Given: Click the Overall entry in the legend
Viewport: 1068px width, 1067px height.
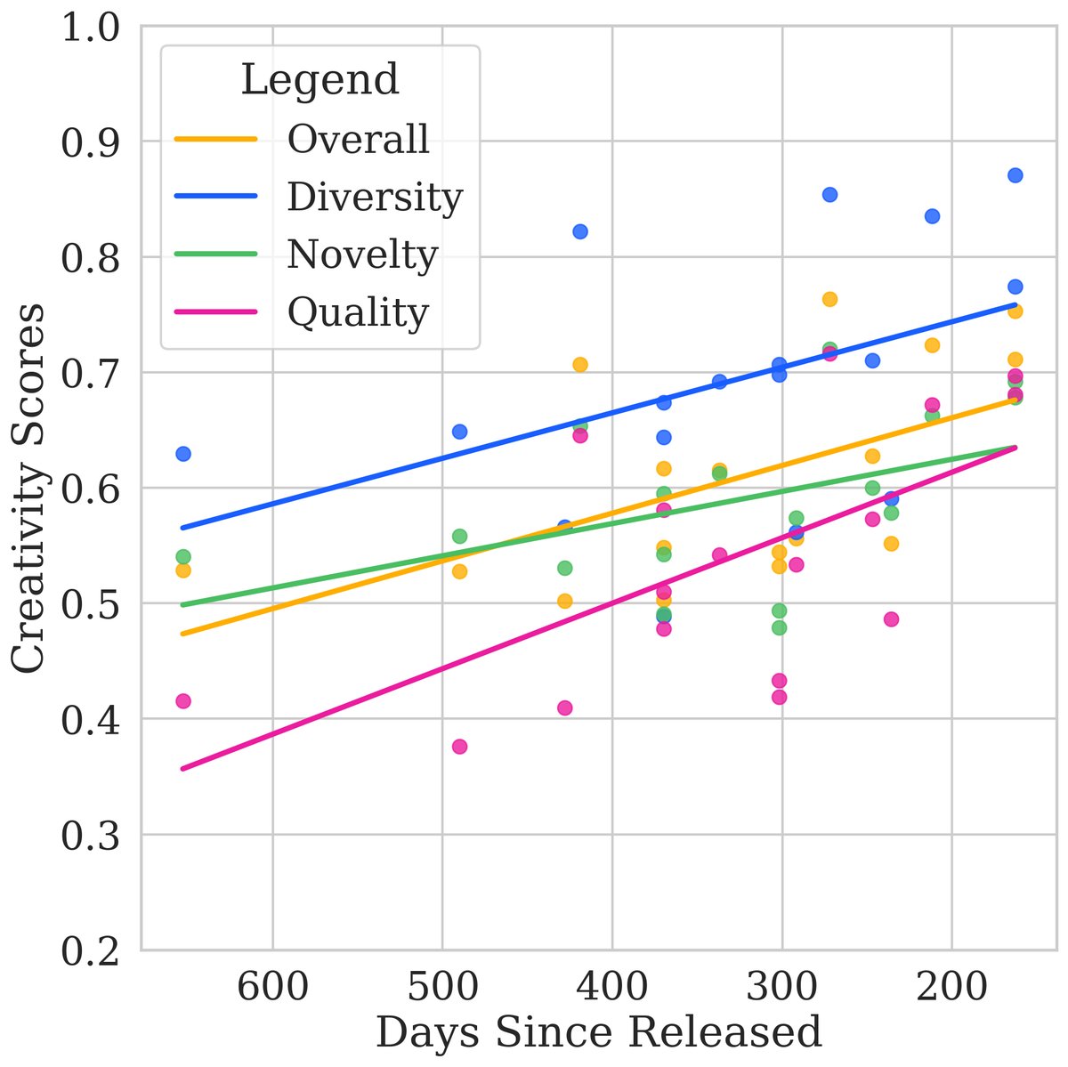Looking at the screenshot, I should [x=358, y=139].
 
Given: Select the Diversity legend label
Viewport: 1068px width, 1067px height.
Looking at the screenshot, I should [x=375, y=197].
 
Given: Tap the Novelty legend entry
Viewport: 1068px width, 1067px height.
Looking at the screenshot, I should [x=362, y=255].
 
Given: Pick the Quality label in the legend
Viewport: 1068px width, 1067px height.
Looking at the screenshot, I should [x=358, y=311].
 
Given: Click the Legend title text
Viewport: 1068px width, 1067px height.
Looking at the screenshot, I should [x=320, y=79].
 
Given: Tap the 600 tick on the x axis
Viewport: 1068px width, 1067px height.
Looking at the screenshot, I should [x=272, y=986].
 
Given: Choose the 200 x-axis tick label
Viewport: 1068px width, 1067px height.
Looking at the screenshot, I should [x=951, y=986].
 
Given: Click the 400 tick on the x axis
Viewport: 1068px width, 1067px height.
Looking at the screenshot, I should [x=612, y=986].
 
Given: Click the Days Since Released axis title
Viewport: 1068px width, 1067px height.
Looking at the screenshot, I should [x=598, y=1033].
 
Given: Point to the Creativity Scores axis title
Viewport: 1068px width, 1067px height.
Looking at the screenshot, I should [x=30, y=489].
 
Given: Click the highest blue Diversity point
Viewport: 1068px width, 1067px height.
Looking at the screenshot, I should [x=1015, y=175].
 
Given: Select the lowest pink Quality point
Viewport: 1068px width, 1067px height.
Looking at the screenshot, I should [x=459, y=747].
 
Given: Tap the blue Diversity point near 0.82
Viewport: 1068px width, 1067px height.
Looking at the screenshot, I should [x=579, y=231].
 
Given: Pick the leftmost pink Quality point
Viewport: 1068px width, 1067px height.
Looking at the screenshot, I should [x=183, y=701].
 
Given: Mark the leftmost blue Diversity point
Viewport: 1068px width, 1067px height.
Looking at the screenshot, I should [x=183, y=454].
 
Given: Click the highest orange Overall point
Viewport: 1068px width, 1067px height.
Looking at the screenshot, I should [x=829, y=299].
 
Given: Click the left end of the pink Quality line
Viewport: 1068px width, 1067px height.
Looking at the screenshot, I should [x=182, y=768].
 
